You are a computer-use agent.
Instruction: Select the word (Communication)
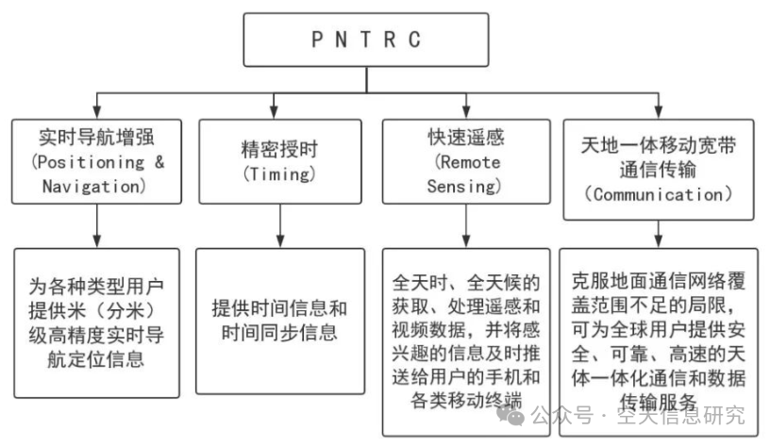[x=657, y=194]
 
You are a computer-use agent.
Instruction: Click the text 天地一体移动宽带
[x=657, y=145]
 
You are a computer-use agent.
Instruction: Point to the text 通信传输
[x=657, y=170]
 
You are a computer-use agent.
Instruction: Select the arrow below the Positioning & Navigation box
[x=97, y=224]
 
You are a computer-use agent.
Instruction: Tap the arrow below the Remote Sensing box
[x=466, y=224]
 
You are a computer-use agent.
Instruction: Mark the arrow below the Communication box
[x=658, y=232]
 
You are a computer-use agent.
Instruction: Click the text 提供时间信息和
[x=279, y=308]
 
